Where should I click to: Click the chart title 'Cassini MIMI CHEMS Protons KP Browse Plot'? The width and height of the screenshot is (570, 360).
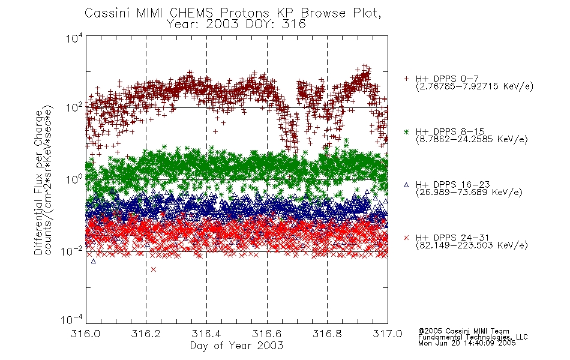coord(233,13)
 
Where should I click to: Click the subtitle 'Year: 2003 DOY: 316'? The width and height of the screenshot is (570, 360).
coord(236,25)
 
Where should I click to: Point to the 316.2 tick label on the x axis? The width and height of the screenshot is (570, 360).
coord(146,334)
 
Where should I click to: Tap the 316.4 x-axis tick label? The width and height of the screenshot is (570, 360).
coord(206,334)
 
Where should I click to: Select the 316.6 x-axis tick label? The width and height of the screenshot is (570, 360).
coord(266,334)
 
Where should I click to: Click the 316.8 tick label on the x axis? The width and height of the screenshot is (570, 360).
coord(327,334)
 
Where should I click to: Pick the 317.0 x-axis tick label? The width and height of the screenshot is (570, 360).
coord(388,334)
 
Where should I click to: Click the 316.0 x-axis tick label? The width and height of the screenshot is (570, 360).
coord(85,334)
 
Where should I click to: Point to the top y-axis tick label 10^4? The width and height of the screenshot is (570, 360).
coord(74,37)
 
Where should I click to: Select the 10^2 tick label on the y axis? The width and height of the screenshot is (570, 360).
coord(74,107)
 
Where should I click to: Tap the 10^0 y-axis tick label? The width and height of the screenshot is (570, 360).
coord(74,179)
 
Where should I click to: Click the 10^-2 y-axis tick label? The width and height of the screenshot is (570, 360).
coord(72,250)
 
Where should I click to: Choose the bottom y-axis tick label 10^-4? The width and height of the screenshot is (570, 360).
coord(72,319)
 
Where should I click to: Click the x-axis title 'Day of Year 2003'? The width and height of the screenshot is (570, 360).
coord(236,346)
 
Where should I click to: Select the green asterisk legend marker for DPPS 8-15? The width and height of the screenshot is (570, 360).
coord(406,131)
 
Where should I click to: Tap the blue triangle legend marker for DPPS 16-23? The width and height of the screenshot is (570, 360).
coord(406,185)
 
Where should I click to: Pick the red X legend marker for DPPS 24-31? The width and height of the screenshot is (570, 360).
coord(406,238)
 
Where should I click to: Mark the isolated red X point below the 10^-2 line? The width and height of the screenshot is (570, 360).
coord(154,269)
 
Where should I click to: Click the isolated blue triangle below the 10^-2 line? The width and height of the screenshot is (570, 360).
coord(94,261)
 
